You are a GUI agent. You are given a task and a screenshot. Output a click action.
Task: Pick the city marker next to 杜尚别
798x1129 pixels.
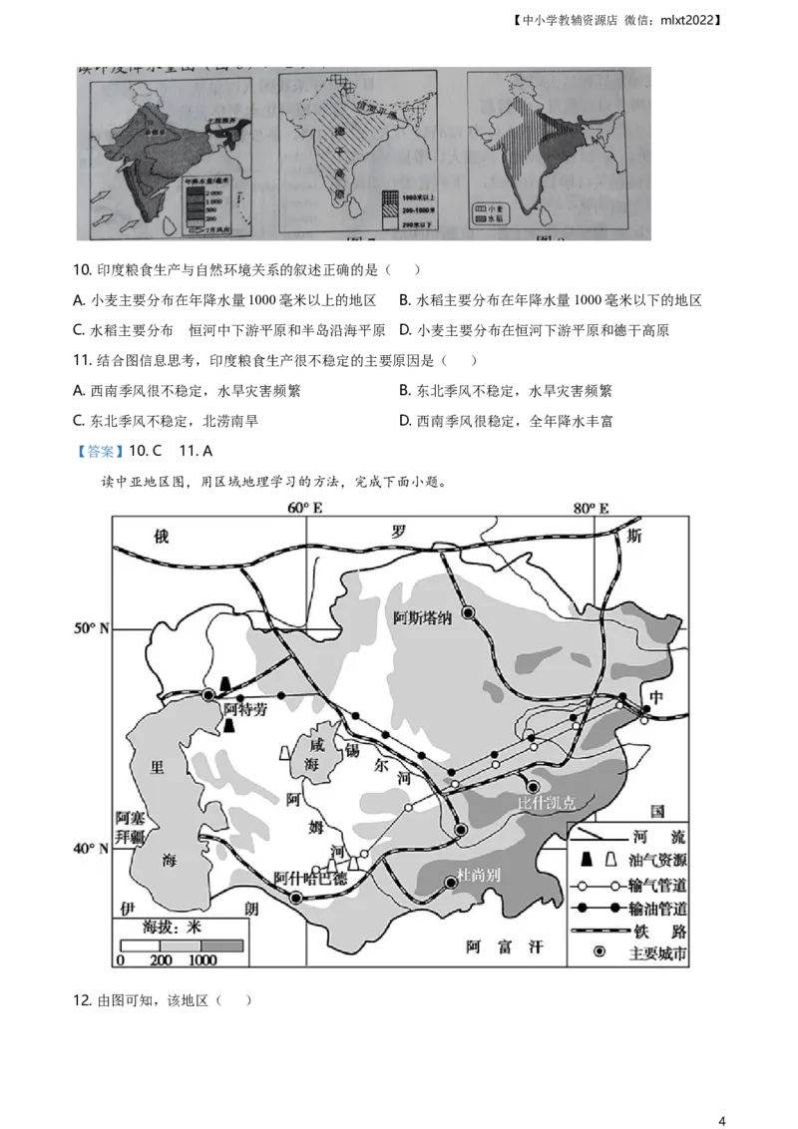point(452,883)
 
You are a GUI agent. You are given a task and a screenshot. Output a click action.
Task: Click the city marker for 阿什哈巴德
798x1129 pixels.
point(295,898)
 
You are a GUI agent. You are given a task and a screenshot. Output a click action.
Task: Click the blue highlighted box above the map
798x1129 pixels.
point(100,452)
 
